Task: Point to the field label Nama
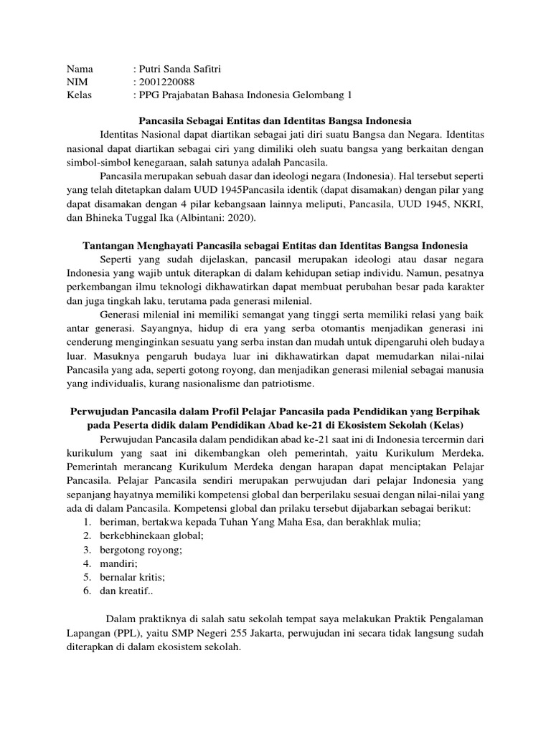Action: point(80,70)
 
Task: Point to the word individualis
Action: point(115,384)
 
